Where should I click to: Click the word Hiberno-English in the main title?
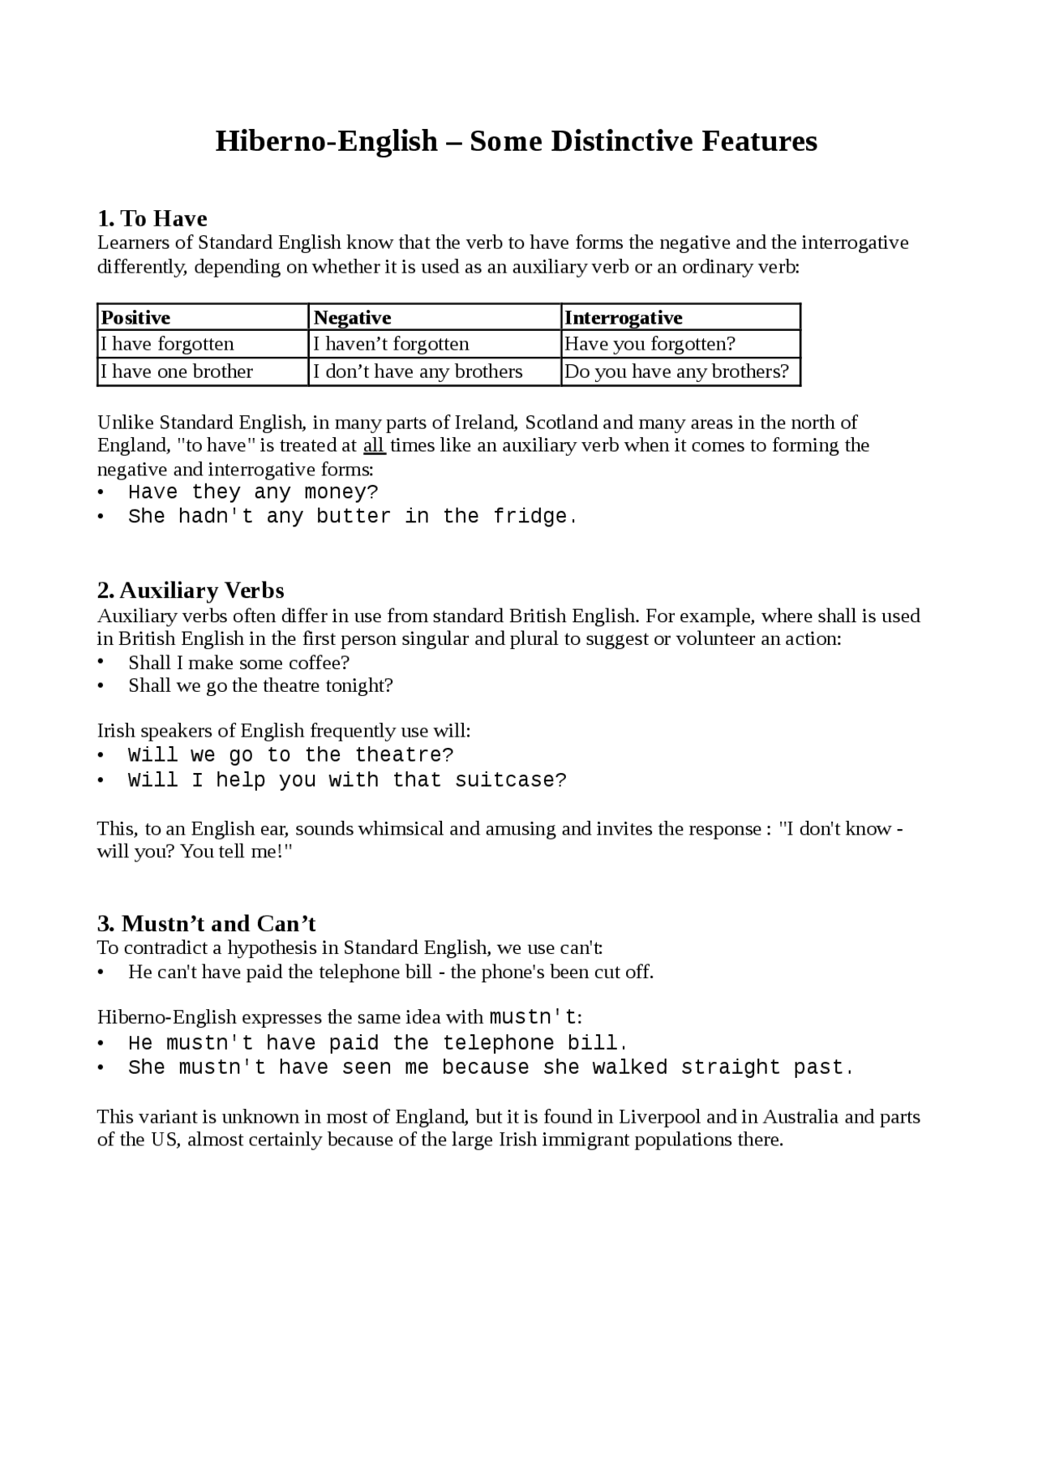(x=326, y=142)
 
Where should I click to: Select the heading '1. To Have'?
(x=152, y=218)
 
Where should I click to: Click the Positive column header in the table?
(x=135, y=317)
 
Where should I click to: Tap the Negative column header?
(x=352, y=317)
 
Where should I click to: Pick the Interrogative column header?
(x=623, y=317)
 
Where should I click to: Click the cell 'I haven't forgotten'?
(x=391, y=344)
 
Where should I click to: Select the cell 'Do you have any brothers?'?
(x=676, y=372)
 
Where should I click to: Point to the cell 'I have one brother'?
(x=177, y=372)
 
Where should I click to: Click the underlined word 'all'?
(x=374, y=445)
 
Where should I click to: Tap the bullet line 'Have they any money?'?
(x=253, y=492)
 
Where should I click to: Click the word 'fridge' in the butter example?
(x=530, y=517)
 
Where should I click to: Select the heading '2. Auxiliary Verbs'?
(x=191, y=590)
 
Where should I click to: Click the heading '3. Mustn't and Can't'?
(x=206, y=923)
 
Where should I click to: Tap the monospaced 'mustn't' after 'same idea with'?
(x=533, y=1017)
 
